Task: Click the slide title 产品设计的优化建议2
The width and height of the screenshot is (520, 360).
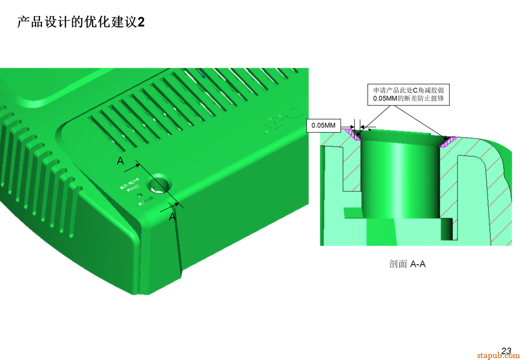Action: [80, 22]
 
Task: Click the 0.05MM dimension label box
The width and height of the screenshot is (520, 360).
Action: [323, 126]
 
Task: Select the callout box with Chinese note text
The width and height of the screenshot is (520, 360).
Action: [408, 94]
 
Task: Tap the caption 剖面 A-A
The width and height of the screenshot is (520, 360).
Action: [407, 264]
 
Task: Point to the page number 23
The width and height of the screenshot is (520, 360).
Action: [506, 351]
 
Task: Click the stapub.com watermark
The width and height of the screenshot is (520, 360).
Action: [498, 356]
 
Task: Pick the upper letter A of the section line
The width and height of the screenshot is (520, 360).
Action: [120, 161]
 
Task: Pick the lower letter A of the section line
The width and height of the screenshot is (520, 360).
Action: [172, 218]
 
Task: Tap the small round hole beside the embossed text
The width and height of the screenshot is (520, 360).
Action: [140, 195]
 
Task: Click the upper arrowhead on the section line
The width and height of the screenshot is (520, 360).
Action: [138, 166]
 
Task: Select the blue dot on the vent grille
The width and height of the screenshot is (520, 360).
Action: [203, 76]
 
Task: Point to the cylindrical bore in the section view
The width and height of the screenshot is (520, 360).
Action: [400, 178]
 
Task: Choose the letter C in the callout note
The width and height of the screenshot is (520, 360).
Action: [416, 90]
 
